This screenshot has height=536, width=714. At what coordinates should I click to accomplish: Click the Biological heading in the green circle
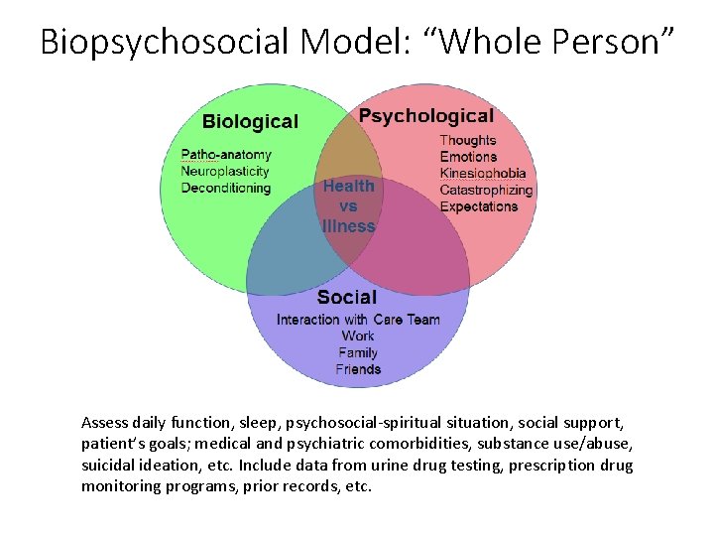tap(250, 122)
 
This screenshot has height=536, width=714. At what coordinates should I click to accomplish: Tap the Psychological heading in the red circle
tap(425, 117)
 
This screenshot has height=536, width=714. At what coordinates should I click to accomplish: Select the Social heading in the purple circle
tap(347, 297)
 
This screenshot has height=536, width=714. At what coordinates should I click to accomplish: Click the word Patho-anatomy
tap(226, 155)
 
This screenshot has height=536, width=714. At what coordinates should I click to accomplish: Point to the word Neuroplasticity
tap(225, 172)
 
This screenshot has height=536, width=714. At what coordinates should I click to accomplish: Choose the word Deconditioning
tap(226, 189)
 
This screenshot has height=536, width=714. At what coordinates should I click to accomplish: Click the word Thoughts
tap(467, 140)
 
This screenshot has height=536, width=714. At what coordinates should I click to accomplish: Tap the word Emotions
tap(468, 157)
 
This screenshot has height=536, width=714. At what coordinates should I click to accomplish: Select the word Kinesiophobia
tap(483, 174)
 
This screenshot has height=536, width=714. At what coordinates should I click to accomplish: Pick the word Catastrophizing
tap(486, 191)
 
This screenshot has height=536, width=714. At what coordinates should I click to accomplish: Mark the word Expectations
tap(478, 207)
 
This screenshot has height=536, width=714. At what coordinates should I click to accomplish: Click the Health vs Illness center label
tap(348, 206)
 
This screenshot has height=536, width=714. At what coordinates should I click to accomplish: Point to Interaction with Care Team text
tap(358, 320)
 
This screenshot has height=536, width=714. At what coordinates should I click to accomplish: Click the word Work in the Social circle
tap(358, 336)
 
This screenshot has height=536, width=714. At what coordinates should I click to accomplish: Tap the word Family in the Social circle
tap(358, 353)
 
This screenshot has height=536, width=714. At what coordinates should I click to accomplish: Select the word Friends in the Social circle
tap(358, 370)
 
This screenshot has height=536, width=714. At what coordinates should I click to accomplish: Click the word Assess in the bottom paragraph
tap(105, 422)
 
